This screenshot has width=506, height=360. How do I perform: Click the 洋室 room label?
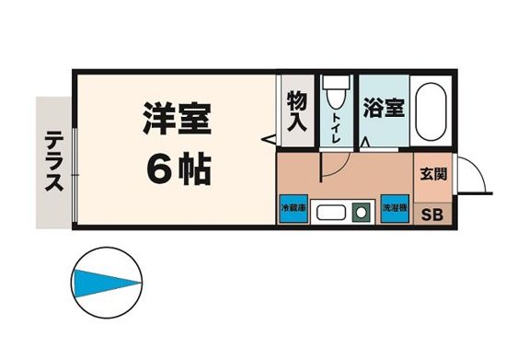177,120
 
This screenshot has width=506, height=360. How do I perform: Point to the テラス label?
52,162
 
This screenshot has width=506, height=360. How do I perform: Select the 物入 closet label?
296,110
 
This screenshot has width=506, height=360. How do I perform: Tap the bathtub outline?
430,111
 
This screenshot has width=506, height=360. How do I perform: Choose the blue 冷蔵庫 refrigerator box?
293,209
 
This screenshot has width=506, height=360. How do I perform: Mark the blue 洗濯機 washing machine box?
395,209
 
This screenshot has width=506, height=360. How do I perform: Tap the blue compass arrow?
105,281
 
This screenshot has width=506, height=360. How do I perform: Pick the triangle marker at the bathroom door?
366,143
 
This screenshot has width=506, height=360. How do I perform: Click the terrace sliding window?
74,162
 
